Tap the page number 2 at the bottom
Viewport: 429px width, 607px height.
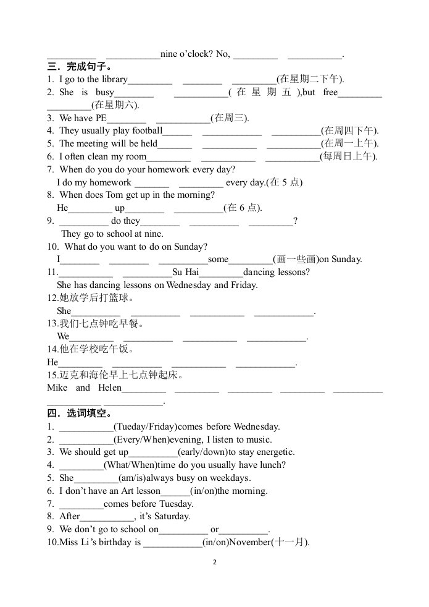coord(214,562)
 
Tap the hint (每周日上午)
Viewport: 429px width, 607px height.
coord(348,156)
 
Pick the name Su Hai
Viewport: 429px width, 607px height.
coord(185,272)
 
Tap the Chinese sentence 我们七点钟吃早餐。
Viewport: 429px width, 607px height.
coord(95,323)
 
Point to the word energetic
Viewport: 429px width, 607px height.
coord(273,452)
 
